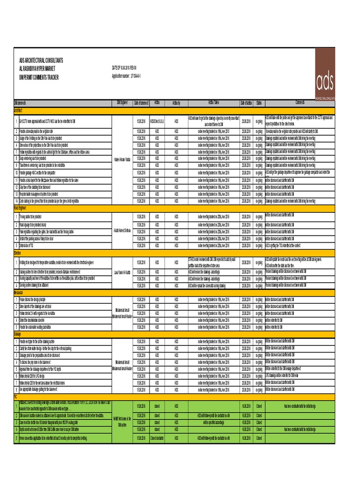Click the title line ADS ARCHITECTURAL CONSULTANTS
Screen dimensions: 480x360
click(41, 61)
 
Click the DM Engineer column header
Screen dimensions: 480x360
click(121, 102)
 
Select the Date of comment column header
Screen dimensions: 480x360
click(141, 103)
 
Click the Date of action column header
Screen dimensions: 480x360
click(246, 103)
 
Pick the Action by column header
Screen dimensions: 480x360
click(176, 103)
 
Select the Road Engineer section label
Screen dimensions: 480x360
click(22, 206)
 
